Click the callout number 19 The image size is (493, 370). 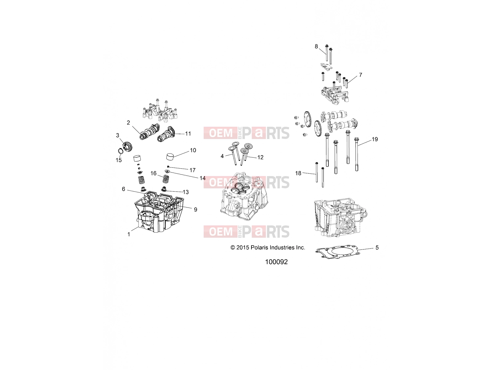click(x=375, y=139)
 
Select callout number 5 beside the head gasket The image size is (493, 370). click(x=377, y=248)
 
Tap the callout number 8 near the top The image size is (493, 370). click(x=316, y=47)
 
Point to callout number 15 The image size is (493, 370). click(x=119, y=160)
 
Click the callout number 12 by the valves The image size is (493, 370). click(x=260, y=157)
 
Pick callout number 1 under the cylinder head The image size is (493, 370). click(x=129, y=234)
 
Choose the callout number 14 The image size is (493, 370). click(x=202, y=178)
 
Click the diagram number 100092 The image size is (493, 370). click(x=276, y=262)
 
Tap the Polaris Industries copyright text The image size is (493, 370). click(x=268, y=248)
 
